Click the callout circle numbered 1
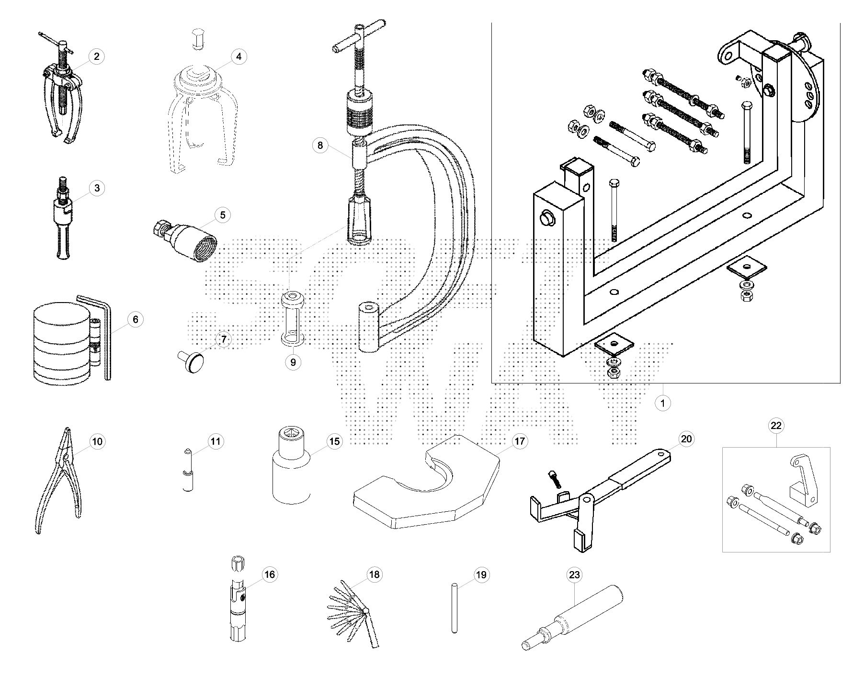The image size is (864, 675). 662,403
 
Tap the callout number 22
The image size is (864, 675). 776,425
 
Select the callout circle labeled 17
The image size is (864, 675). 520,441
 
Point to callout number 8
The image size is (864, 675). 320,145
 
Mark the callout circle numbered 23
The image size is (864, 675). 574,574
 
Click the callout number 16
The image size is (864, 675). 270,574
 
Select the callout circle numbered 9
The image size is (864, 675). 293,362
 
